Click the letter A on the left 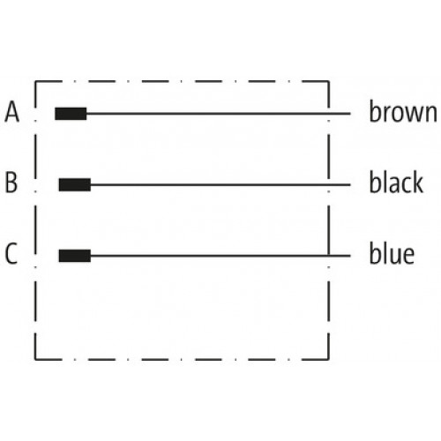point(12,112)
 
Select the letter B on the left point(11,183)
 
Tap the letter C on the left point(11,253)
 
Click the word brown point(403,111)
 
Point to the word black point(396,182)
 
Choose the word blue point(392,253)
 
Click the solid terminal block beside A point(71,114)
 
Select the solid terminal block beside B point(75,184)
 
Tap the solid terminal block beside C point(75,256)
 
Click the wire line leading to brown point(219,114)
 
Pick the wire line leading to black point(220,185)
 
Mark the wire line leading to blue point(220,256)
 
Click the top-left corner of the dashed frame point(35,81)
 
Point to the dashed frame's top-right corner point(328,81)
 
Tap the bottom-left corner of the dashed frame point(35,359)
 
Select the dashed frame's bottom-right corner point(328,359)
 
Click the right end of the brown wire point(350,114)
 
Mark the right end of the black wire point(350,185)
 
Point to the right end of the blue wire point(350,256)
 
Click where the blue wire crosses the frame point(328,256)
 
